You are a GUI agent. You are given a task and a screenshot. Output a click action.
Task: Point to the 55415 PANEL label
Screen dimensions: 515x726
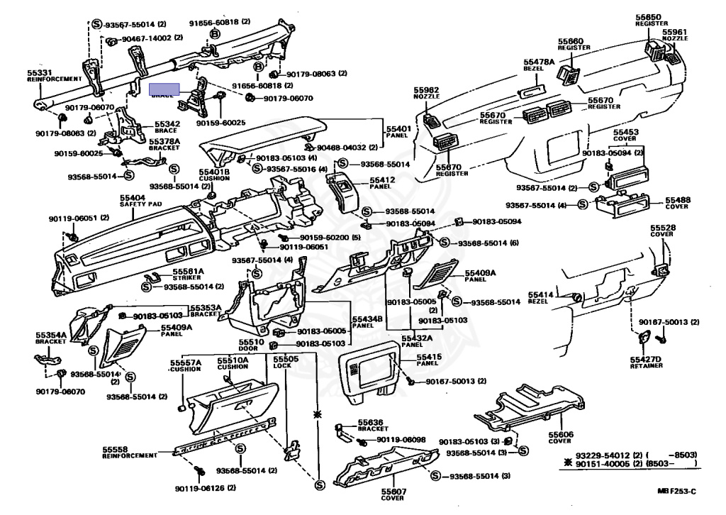click(x=428, y=359)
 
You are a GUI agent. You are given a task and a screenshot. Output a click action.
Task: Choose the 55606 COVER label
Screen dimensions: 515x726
click(x=559, y=437)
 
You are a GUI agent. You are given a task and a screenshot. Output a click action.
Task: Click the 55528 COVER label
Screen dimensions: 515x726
click(x=662, y=230)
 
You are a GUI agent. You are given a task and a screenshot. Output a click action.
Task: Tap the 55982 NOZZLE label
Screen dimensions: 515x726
click(x=427, y=92)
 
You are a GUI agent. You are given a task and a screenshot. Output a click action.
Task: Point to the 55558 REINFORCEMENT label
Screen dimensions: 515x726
click(x=129, y=452)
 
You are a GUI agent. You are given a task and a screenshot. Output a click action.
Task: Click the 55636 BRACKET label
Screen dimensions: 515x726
click(x=373, y=424)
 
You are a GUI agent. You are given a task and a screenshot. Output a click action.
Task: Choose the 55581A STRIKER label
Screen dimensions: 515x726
click(x=189, y=274)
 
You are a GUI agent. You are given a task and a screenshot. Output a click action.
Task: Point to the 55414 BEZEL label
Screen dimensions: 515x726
click(x=540, y=297)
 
